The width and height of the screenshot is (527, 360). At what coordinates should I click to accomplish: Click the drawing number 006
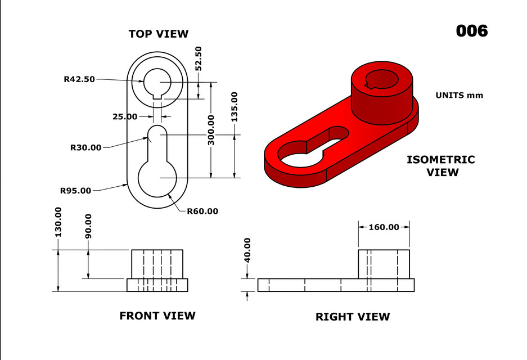click(x=471, y=31)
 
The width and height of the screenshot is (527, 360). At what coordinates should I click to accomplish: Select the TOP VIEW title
click(x=159, y=34)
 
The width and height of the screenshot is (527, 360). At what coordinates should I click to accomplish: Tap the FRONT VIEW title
click(x=157, y=316)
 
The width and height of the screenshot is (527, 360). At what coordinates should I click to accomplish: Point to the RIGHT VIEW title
click(x=353, y=317)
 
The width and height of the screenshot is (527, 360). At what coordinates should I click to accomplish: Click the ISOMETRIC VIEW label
click(x=441, y=166)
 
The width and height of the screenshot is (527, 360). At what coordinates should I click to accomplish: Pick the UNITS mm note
click(x=459, y=95)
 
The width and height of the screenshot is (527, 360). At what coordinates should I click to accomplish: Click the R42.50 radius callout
click(x=79, y=79)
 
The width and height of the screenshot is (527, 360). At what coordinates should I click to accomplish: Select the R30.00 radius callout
click(x=85, y=147)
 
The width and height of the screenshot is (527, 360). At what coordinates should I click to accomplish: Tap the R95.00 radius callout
click(x=75, y=191)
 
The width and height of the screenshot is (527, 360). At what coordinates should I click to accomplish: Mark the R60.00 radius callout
click(x=202, y=211)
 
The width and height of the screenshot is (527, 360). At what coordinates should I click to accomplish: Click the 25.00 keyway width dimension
click(x=124, y=116)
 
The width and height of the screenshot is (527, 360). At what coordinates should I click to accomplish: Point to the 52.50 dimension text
click(x=198, y=58)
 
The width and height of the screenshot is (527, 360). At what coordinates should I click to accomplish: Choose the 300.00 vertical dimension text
click(x=211, y=130)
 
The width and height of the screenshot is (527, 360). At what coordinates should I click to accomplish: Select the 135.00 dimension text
click(x=234, y=107)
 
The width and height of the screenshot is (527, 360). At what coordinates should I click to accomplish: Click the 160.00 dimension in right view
click(x=384, y=227)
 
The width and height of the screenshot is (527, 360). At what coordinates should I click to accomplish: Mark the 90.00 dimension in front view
click(x=88, y=226)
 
